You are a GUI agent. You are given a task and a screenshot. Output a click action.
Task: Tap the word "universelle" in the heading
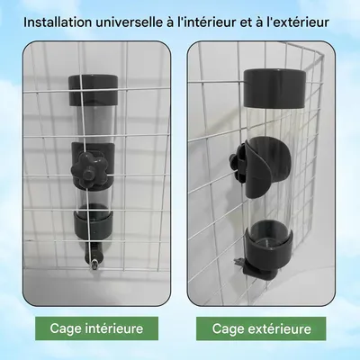pos(140,20)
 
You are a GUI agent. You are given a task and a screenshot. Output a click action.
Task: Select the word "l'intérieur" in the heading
pos(220,20)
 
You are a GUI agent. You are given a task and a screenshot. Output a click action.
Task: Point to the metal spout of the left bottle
pos(93,264)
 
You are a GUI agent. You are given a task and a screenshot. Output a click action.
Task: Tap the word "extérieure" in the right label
pos(282,328)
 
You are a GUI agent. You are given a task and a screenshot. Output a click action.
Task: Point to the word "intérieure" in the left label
pos(109,328)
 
